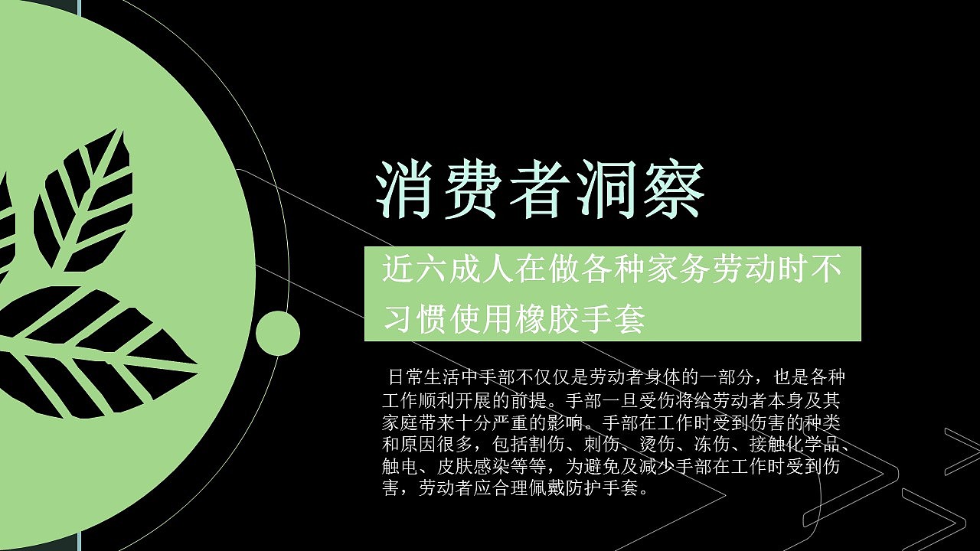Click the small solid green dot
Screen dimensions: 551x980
click(277, 334)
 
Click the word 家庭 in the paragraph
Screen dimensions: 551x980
click(400, 422)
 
